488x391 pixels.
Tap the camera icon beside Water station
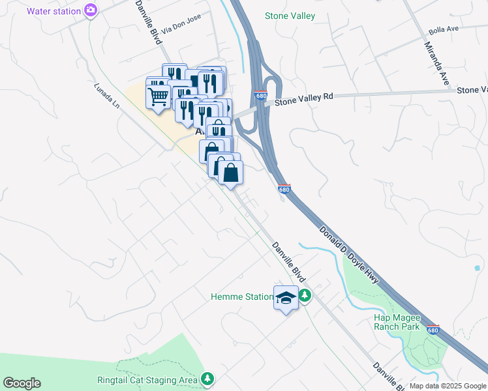tap(91, 10)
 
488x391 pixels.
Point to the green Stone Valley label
tap(290, 16)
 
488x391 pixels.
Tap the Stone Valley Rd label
tap(303, 98)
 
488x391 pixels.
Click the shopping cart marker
tap(159, 98)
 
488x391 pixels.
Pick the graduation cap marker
tap(285, 298)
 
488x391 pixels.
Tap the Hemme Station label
tap(242, 297)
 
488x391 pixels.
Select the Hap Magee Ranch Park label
tap(397, 322)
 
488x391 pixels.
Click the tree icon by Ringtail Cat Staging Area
tap(207, 379)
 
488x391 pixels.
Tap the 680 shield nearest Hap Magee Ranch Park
tap(433, 330)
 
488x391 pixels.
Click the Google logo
tap(22, 383)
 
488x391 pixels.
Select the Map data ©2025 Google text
tap(447, 386)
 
